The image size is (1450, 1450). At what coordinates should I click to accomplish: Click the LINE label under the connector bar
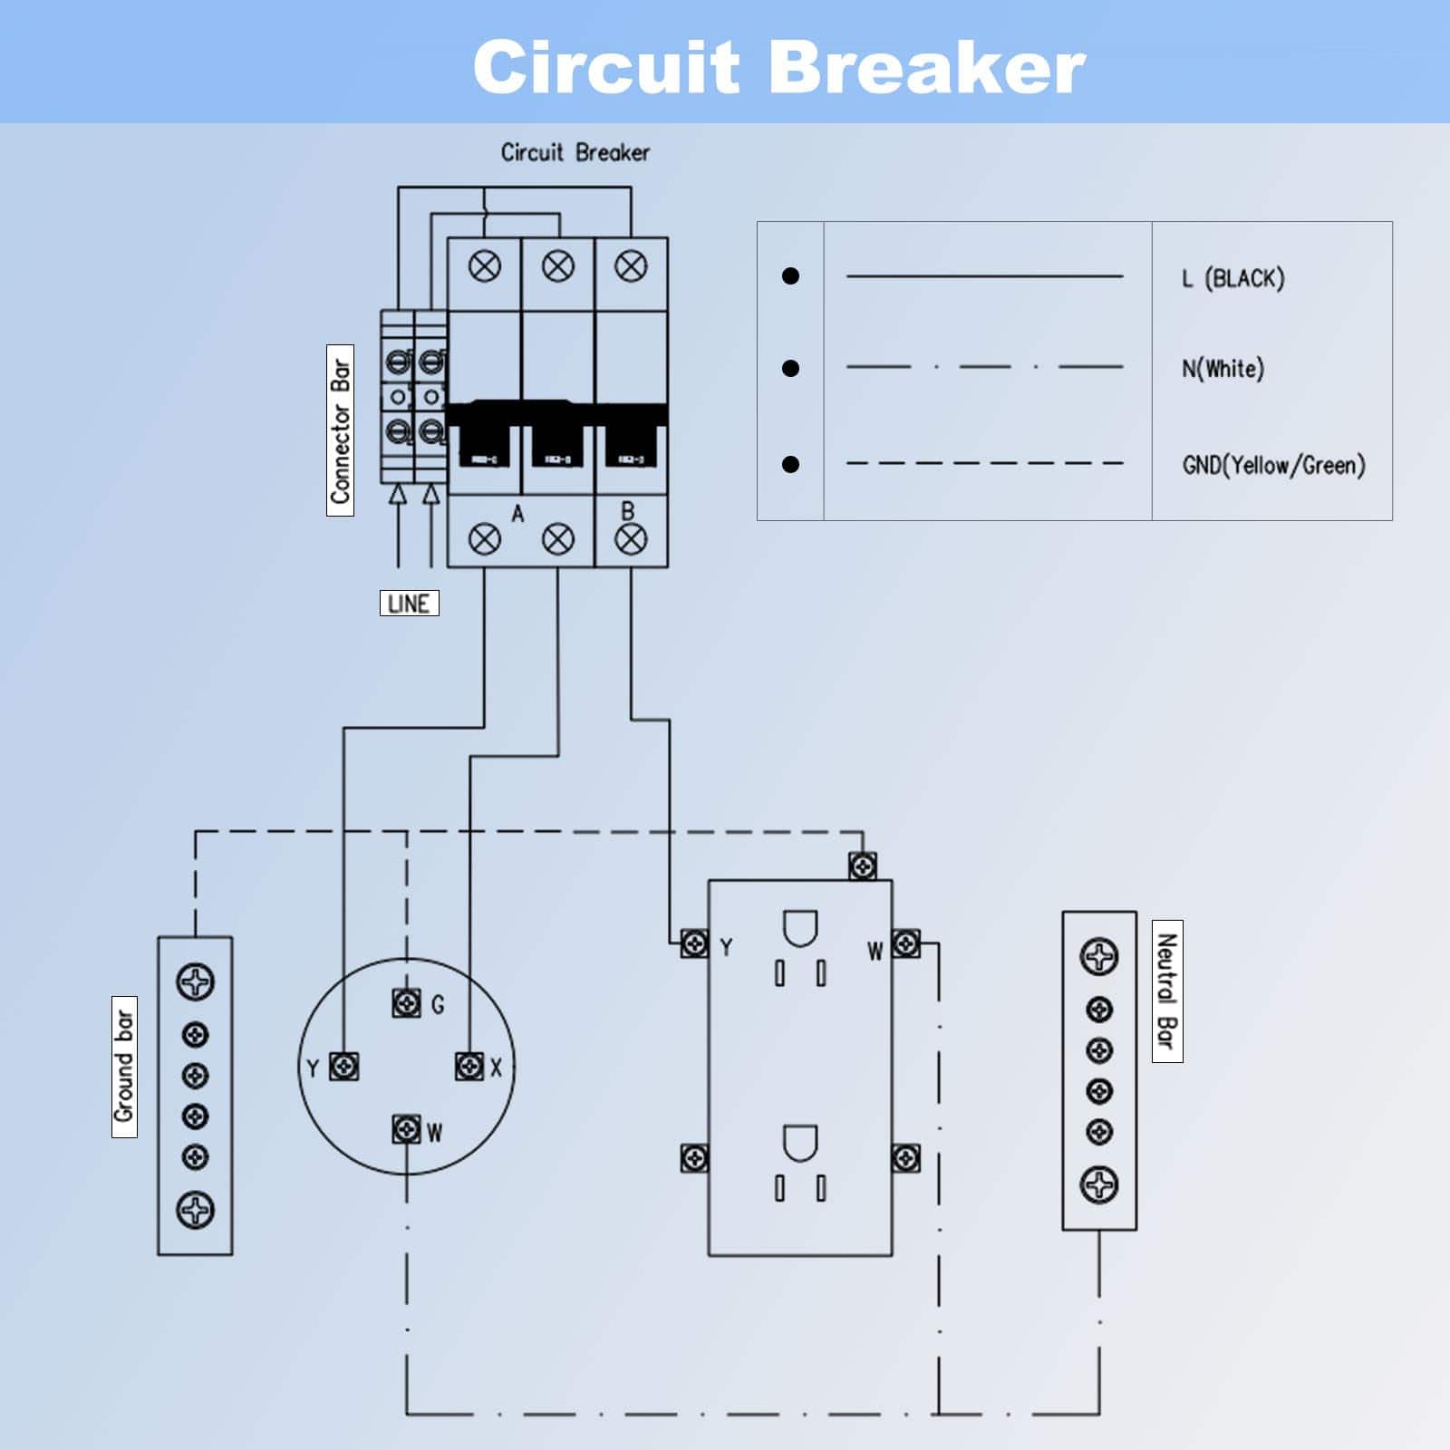409,603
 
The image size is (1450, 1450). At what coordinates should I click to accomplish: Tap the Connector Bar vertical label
340,430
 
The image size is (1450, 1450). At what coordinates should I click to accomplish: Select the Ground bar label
124,1067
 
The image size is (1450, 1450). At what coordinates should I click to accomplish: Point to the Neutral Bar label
1167,991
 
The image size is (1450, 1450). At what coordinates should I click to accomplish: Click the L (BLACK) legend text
1232,278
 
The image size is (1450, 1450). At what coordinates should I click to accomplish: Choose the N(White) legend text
1223,369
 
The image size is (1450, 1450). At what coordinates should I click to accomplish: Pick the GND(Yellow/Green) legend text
1273,466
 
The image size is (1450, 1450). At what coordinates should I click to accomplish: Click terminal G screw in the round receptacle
407,1003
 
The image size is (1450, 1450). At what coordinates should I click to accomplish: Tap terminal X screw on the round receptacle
469,1066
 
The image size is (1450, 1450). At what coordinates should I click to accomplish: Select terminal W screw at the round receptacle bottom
407,1129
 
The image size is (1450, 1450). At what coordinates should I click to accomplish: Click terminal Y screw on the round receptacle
343,1067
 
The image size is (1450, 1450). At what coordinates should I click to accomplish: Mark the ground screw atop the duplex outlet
863,866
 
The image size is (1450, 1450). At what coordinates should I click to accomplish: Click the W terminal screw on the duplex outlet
906,943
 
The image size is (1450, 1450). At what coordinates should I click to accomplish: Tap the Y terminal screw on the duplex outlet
694,943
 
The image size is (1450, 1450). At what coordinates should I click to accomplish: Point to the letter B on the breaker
628,511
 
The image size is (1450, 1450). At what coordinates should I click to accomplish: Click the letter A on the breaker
517,515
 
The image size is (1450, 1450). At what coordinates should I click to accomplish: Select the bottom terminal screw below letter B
631,540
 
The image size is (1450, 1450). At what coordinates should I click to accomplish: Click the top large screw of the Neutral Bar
1099,956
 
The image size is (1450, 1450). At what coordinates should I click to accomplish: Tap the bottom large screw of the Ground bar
196,1209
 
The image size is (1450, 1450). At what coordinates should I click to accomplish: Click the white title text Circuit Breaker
778,67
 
